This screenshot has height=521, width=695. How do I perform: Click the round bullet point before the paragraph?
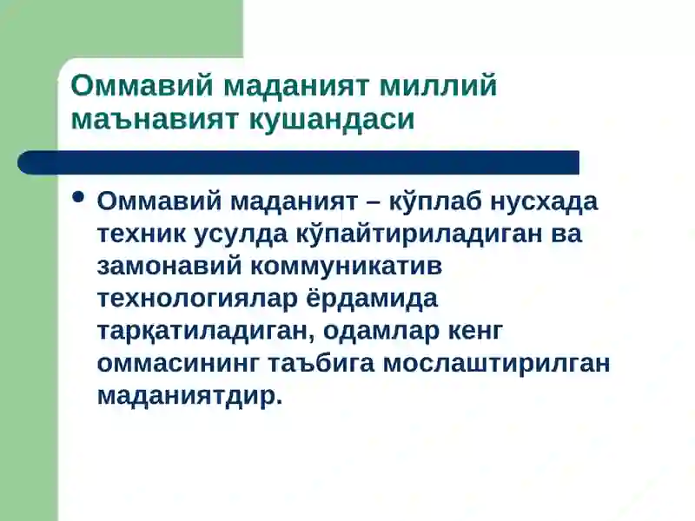point(77,198)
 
